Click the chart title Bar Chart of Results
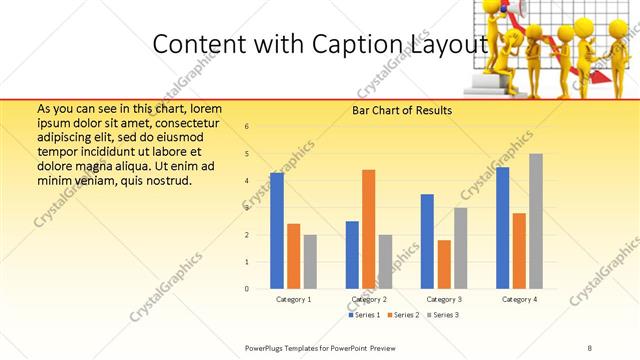click(402, 110)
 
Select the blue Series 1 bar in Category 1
click(277, 230)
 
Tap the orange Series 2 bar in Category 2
click(369, 229)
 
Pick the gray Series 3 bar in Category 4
click(536, 221)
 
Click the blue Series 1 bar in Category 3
click(427, 241)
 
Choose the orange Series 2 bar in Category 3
click(444, 264)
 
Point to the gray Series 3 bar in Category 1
click(310, 261)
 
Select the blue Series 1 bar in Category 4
click(502, 228)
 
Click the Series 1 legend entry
click(366, 315)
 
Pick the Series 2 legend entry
click(404, 315)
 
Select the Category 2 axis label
click(369, 299)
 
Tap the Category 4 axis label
click(519, 299)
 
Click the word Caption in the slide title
click(365, 44)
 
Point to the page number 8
click(590, 346)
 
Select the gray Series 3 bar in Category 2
click(386, 261)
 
